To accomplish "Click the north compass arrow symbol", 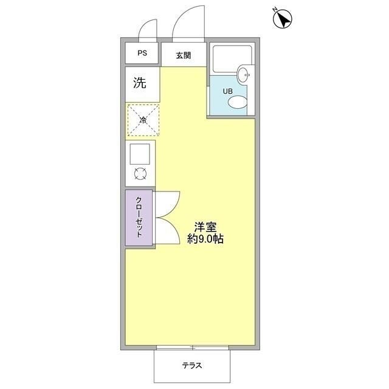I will [282, 19].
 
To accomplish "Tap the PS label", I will [142, 53].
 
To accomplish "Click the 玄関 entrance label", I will [184, 56].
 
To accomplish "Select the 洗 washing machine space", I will [140, 84].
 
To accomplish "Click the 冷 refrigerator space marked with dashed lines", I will [143, 120].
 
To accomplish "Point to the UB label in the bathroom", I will [227, 91].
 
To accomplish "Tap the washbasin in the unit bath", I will [244, 75].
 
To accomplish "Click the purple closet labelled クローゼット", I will [139, 218].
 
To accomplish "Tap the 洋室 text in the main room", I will [205, 227].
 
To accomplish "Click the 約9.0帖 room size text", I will [205, 239].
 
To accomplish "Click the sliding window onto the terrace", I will [192, 348].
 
